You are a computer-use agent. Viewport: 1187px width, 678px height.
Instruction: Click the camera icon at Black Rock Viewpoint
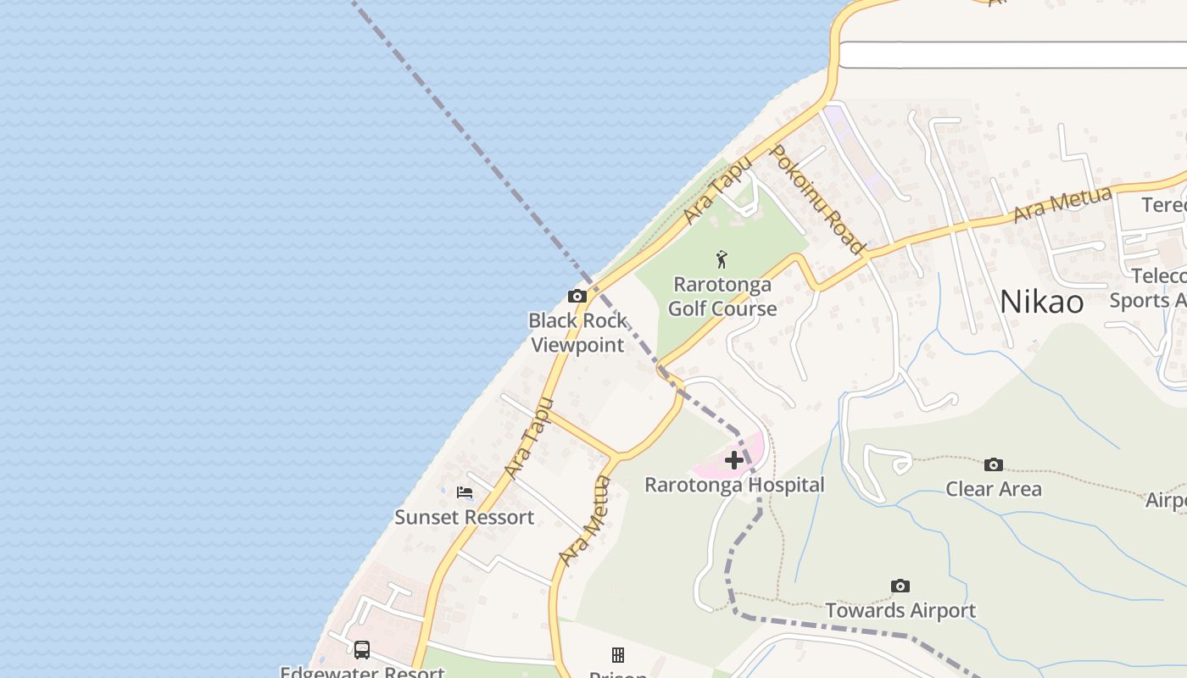(x=577, y=296)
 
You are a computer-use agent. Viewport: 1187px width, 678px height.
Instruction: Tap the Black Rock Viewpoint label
(x=577, y=332)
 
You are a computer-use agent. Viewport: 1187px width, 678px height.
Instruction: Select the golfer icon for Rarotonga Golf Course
(x=722, y=258)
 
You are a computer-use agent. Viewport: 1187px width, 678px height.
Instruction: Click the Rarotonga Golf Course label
(x=722, y=296)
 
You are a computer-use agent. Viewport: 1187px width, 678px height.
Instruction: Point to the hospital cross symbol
(x=734, y=460)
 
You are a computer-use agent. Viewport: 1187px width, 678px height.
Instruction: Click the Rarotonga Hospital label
(x=734, y=485)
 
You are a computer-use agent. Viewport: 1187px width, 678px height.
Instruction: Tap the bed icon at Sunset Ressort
(x=465, y=492)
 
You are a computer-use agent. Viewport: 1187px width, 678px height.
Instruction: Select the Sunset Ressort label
(x=465, y=517)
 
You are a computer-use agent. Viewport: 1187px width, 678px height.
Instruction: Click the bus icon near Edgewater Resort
(x=362, y=650)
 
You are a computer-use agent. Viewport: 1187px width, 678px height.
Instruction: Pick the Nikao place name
(x=1041, y=302)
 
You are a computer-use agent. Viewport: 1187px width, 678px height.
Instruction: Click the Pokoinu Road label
(x=816, y=198)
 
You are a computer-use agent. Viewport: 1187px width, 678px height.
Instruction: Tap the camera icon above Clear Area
(x=994, y=464)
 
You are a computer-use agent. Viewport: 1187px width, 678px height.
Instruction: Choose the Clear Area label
(x=994, y=489)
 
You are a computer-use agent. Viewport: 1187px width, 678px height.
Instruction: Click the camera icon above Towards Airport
(x=900, y=586)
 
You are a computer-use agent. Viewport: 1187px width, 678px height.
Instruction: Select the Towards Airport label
(x=900, y=610)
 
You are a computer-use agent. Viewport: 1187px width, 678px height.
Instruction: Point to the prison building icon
(x=618, y=654)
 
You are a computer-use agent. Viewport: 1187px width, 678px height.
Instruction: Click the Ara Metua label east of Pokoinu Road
(x=1062, y=204)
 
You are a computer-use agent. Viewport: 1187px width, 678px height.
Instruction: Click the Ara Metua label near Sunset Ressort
(x=585, y=520)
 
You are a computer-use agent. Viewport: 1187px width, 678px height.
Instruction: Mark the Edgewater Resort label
(x=363, y=672)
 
